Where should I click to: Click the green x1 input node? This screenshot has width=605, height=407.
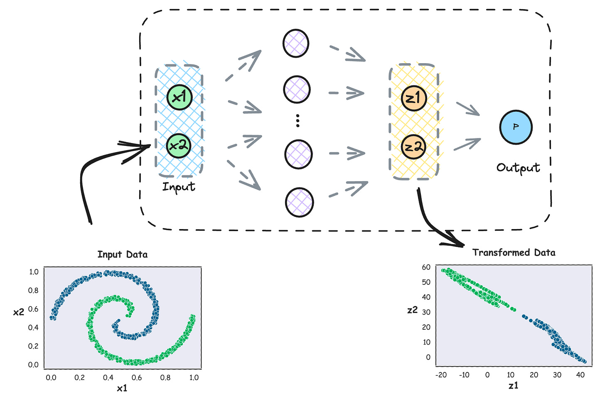[180, 97]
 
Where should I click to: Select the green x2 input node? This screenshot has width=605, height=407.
[179, 146]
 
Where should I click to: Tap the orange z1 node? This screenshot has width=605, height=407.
[414, 98]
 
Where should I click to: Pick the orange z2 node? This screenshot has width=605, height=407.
[414, 147]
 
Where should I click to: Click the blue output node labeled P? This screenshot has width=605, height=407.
[516, 127]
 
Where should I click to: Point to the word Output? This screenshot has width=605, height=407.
[518, 168]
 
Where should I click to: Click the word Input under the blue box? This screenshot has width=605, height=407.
[179, 187]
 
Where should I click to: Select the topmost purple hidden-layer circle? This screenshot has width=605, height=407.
[296, 43]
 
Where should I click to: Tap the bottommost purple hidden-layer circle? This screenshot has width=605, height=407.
[299, 202]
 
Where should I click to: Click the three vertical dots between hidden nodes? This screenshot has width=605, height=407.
[298, 120]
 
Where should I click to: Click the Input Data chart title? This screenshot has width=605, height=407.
[122, 254]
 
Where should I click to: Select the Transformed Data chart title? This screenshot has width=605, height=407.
[514, 252]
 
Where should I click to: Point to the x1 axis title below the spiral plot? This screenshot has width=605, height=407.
[122, 388]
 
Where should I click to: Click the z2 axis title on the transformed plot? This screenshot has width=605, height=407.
[412, 310]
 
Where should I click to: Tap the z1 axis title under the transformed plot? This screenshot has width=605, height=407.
[513, 386]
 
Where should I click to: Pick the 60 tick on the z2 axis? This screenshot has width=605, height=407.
[426, 267]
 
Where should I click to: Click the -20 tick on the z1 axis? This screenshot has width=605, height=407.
[441, 375]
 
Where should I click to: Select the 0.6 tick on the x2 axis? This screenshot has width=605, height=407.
[33, 309]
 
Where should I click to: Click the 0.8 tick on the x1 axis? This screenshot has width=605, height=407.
[165, 377]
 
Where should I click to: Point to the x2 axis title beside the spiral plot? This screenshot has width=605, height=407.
[18, 312]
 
